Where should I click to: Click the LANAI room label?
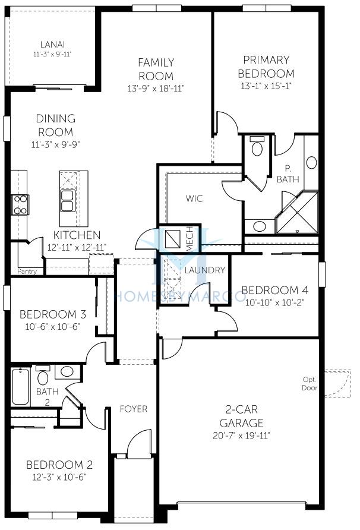pos(52,45)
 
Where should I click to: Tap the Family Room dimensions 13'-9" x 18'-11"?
pos(156,89)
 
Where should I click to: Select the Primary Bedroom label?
pos(266,67)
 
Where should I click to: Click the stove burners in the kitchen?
pos(20,205)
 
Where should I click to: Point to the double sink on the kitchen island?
pos(68,201)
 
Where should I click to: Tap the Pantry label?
pos(27,271)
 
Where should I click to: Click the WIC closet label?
pos(194,198)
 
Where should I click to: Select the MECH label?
pos(190,239)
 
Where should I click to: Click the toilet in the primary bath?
pos(258,146)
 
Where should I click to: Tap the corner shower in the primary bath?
pos(298,212)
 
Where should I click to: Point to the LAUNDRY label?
pos(205,270)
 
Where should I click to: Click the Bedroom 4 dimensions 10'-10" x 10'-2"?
pos(275,302)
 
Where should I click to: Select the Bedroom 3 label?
pos(53,314)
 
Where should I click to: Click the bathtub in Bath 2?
pos(20,387)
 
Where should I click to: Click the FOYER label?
pos(134,409)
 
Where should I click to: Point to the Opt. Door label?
pos(310,384)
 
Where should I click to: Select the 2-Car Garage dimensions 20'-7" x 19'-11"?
pos(241,436)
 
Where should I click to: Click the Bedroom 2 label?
pos(59,465)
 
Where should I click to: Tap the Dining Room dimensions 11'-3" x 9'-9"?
pos(55,144)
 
